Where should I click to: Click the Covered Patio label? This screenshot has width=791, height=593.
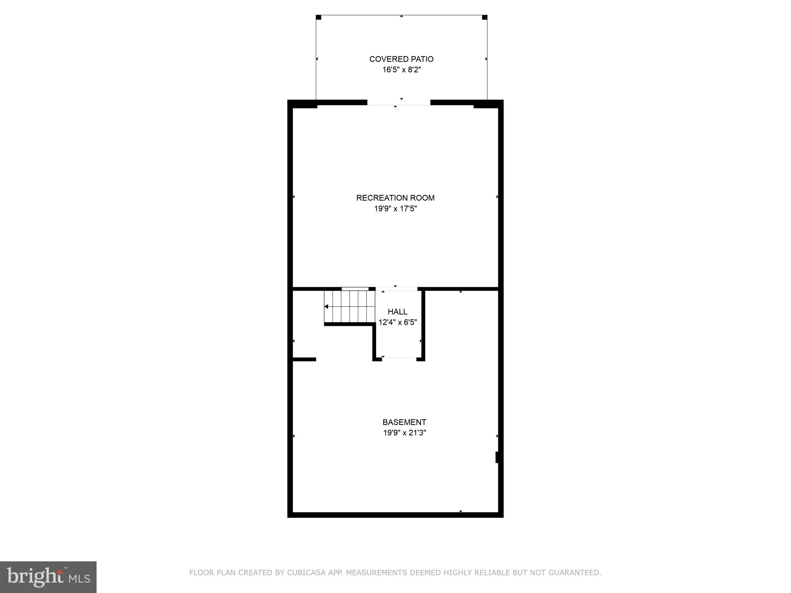pyautogui.click(x=401, y=59)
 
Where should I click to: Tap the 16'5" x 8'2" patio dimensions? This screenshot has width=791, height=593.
pyautogui.click(x=401, y=70)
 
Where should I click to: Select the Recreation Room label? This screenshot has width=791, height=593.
pyautogui.click(x=395, y=198)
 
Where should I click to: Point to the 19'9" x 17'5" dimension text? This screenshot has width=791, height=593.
pyautogui.click(x=395, y=209)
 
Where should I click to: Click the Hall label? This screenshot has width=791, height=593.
pyautogui.click(x=397, y=312)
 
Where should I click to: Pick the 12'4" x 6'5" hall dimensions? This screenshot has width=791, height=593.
pyautogui.click(x=397, y=322)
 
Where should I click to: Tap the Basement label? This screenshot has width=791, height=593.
pyautogui.click(x=404, y=422)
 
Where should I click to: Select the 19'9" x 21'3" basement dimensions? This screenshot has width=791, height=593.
pyautogui.click(x=404, y=433)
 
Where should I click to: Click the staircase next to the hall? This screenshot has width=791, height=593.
pyautogui.click(x=350, y=307)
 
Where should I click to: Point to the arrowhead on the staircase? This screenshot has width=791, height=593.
pyautogui.click(x=326, y=307)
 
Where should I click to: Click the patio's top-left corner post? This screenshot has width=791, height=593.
pyautogui.click(x=319, y=17)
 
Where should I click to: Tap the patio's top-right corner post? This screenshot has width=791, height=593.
pyautogui.click(x=485, y=17)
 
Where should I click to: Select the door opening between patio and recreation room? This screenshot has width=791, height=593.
pyautogui.click(x=399, y=103)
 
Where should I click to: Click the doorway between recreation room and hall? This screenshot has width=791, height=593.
pyautogui.click(x=396, y=289)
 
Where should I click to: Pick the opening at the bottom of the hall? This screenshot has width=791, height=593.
pyautogui.click(x=399, y=359)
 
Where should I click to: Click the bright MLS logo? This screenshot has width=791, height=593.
pyautogui.click(x=48, y=577)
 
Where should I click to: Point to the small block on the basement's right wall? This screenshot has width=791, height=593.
pyautogui.click(x=497, y=457)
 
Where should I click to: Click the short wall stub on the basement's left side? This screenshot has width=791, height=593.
pyautogui.click(x=304, y=359)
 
